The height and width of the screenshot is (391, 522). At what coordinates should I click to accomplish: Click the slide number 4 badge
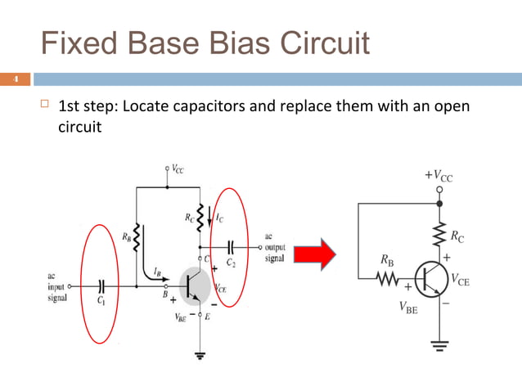pyautogui.click(x=14, y=79)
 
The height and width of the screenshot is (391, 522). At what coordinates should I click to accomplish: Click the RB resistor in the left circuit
pyautogui.click(x=137, y=240)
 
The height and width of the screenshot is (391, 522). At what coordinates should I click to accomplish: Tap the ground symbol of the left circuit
pyautogui.click(x=199, y=355)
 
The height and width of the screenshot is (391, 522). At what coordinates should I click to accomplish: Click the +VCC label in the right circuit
pyautogui.click(x=439, y=176)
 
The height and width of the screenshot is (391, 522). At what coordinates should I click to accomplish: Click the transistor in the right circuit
pyautogui.click(x=430, y=280)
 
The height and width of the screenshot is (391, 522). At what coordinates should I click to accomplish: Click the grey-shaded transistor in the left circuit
pyautogui.click(x=194, y=286)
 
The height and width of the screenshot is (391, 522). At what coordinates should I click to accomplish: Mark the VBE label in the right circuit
pyautogui.click(x=407, y=308)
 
